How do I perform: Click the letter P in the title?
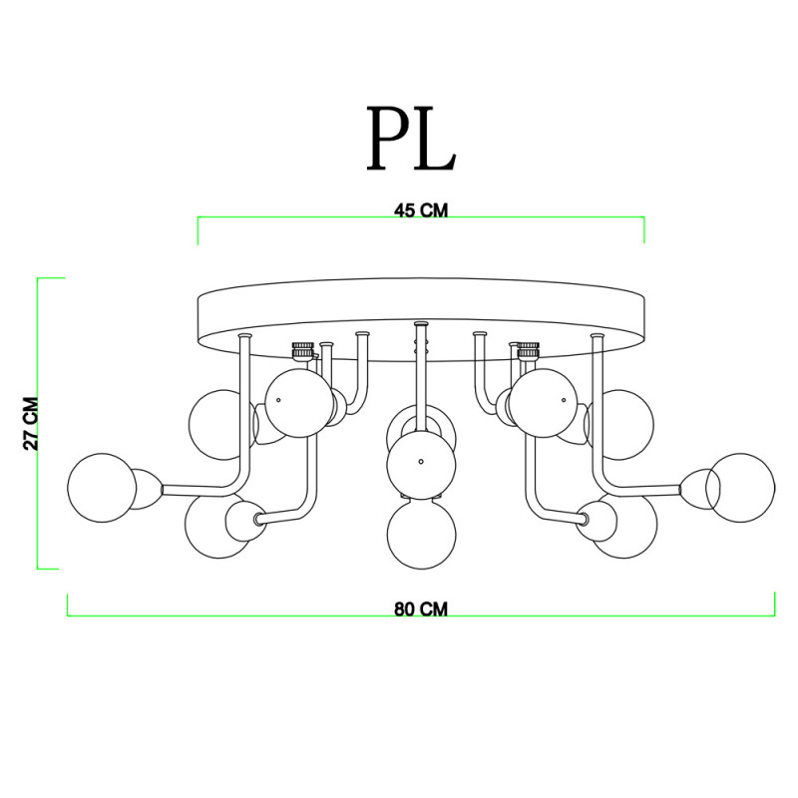pyautogui.click(x=388, y=138)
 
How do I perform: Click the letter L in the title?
pyautogui.click(x=435, y=138)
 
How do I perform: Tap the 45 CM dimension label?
pyautogui.click(x=421, y=210)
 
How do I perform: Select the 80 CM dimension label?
pyautogui.click(x=421, y=609)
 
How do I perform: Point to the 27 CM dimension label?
pyautogui.click(x=31, y=423)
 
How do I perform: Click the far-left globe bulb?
pyautogui.click(x=102, y=488)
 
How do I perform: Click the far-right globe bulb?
pyautogui.click(x=740, y=488)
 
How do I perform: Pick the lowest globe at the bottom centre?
pyautogui.click(x=421, y=535)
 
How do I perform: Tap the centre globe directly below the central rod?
pyautogui.click(x=421, y=465)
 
